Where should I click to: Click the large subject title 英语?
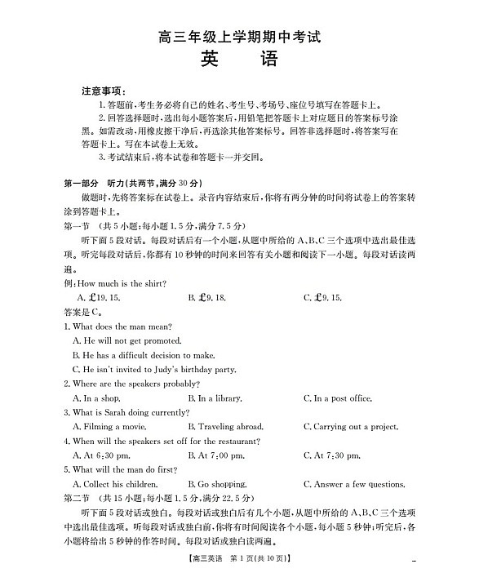tap(238, 60)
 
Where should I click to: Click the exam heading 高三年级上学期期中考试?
tap(239, 36)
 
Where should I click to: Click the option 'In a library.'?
tap(214, 398)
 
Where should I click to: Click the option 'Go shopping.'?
tap(216, 484)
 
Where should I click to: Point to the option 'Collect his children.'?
tap(114, 484)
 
